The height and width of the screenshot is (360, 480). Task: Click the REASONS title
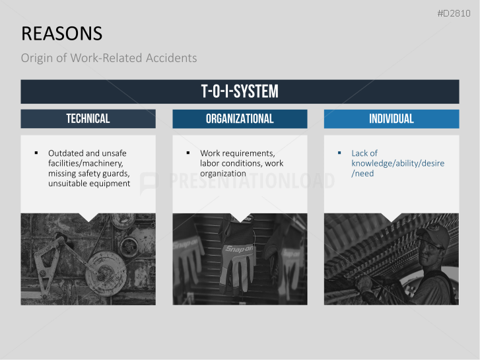click(x=61, y=34)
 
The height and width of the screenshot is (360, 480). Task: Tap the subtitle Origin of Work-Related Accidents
click(x=108, y=58)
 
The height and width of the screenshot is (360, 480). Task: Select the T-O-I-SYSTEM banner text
click(x=240, y=92)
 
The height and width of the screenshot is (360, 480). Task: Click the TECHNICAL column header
click(x=88, y=119)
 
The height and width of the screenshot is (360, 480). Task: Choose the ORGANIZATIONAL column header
click(x=240, y=119)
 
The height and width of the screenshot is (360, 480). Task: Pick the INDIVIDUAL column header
click(x=392, y=119)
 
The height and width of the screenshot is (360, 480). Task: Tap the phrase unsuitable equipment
click(x=89, y=184)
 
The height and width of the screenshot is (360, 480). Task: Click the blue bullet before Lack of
click(x=339, y=153)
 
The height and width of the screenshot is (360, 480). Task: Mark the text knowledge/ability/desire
click(x=397, y=163)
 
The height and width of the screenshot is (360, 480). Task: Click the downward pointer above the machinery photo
click(x=88, y=217)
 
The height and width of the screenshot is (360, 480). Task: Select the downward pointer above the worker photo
click(x=392, y=217)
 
